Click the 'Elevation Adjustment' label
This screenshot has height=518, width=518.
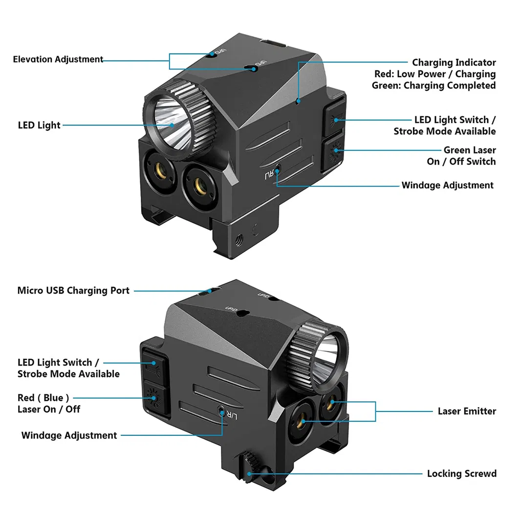pos(58,59)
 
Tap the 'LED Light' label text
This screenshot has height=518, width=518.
pos(39,125)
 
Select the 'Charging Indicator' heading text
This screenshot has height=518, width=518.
pos(453,63)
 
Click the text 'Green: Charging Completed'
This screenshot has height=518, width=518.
pos(433,86)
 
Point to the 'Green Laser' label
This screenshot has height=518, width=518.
pos(469,150)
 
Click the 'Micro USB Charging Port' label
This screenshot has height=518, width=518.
pos(73,290)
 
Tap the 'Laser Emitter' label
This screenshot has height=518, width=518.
pos(466,411)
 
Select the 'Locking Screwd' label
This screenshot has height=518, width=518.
pos(461,474)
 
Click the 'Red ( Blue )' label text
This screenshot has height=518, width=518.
pos(43,398)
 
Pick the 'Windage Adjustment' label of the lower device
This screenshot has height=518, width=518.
pos(69,435)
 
